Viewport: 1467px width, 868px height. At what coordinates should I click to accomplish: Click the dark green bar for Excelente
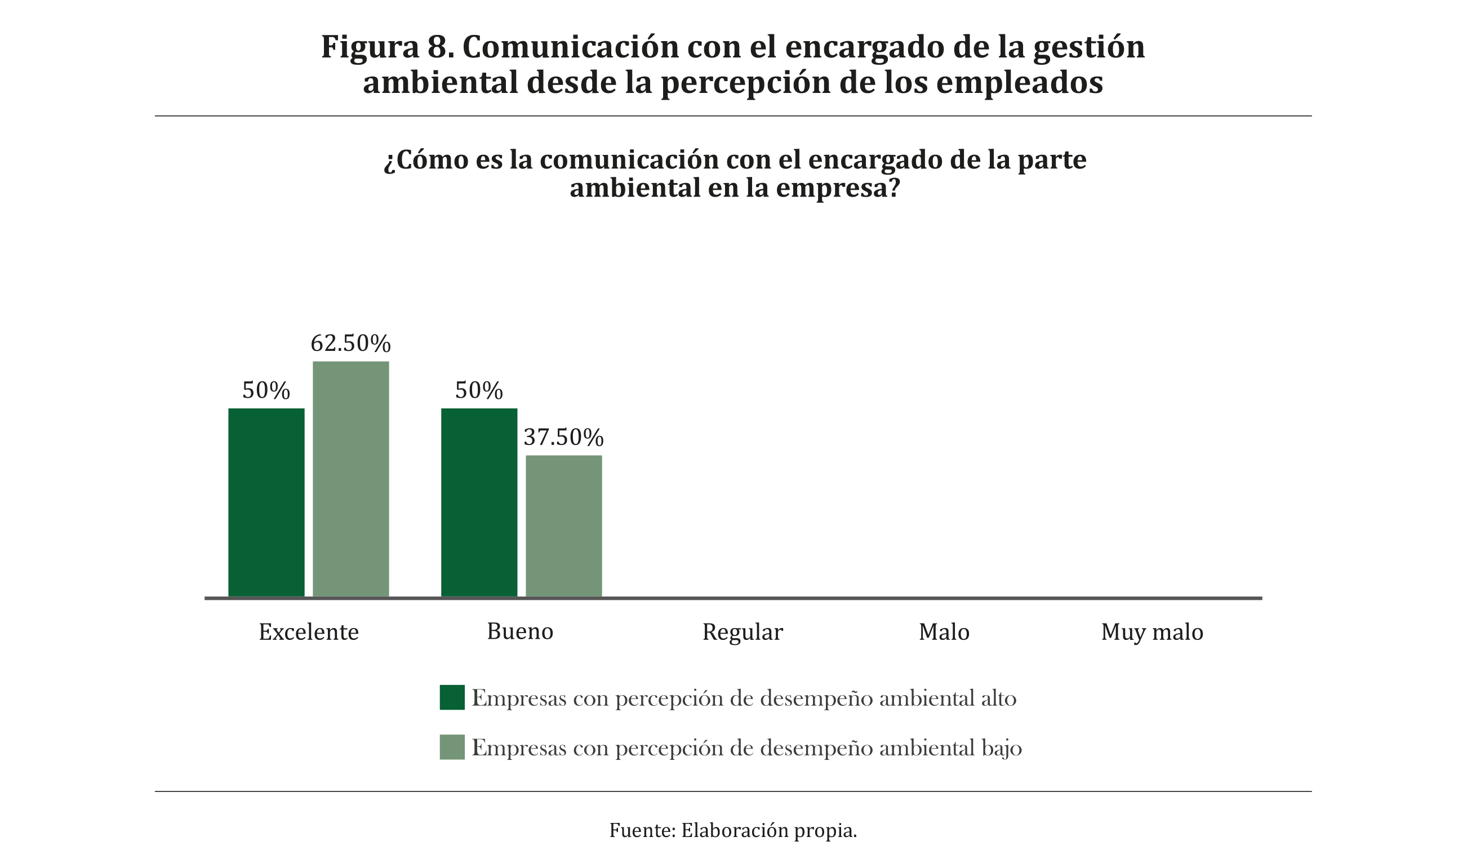click(266, 503)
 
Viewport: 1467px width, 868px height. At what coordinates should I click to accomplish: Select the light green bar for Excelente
click(350, 479)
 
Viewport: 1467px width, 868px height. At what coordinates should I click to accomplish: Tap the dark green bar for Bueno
click(479, 503)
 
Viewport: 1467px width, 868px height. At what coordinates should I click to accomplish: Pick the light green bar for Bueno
click(563, 527)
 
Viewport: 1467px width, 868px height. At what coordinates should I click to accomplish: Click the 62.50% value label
click(350, 344)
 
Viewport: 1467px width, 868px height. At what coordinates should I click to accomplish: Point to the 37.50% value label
click(563, 438)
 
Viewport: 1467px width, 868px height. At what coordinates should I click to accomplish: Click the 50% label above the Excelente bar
click(266, 391)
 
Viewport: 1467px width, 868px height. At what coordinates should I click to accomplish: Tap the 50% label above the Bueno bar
click(479, 391)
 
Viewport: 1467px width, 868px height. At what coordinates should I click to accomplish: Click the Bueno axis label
click(520, 631)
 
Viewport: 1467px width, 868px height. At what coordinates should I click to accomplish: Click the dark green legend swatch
click(452, 697)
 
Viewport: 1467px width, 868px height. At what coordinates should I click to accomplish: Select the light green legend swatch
click(452, 747)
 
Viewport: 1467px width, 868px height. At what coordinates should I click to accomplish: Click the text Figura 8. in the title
click(388, 47)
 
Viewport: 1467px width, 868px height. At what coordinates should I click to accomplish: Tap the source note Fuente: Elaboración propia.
click(733, 831)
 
